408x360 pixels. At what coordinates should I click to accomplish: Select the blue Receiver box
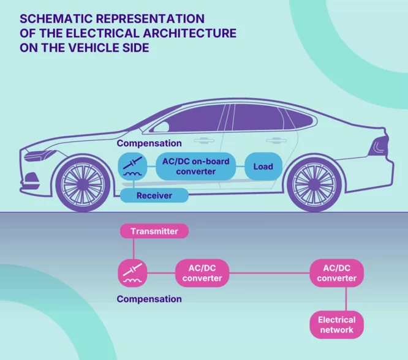[x=153, y=195]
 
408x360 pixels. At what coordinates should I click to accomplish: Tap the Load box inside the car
[x=263, y=167]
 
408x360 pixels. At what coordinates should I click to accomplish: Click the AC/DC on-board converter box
[x=195, y=167]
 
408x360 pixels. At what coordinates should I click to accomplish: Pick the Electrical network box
[x=336, y=324]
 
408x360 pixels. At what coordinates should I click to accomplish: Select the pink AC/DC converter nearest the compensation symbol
[x=202, y=273]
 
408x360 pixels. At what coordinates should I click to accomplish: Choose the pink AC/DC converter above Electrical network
[x=336, y=273]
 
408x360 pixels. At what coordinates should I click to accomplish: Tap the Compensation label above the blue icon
[x=149, y=143]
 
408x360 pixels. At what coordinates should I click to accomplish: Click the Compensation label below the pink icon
[x=149, y=299]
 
